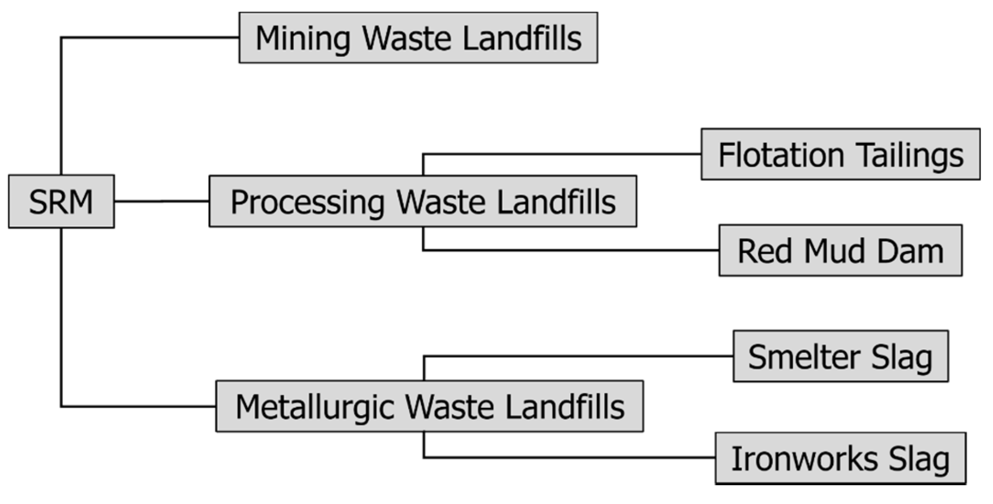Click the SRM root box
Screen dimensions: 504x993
(61, 201)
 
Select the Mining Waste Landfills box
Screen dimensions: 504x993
(418, 38)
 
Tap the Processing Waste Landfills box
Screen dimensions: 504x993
(423, 201)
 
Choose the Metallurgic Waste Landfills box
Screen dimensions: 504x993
(430, 406)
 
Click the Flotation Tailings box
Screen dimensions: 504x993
(840, 154)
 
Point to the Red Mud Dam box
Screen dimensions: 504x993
(840, 251)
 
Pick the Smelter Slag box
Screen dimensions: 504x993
(840, 356)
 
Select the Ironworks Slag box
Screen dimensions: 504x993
(840, 458)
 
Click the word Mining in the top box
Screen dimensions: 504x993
(303, 38)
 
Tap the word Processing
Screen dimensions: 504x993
(307, 202)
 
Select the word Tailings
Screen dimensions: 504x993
(911, 156)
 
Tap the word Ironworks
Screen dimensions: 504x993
(804, 459)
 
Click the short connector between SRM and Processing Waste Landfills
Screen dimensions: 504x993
(162, 201)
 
